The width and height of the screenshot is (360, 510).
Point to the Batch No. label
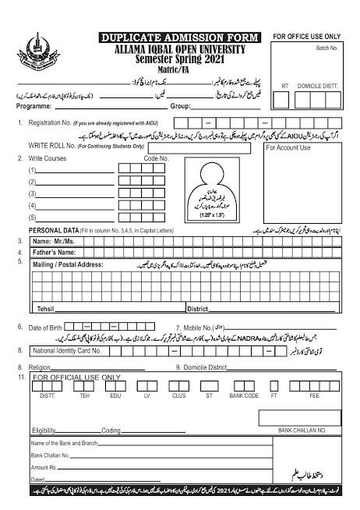click(328, 48)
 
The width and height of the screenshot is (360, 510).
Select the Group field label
click(180, 104)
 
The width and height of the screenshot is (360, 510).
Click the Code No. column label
click(157, 158)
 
